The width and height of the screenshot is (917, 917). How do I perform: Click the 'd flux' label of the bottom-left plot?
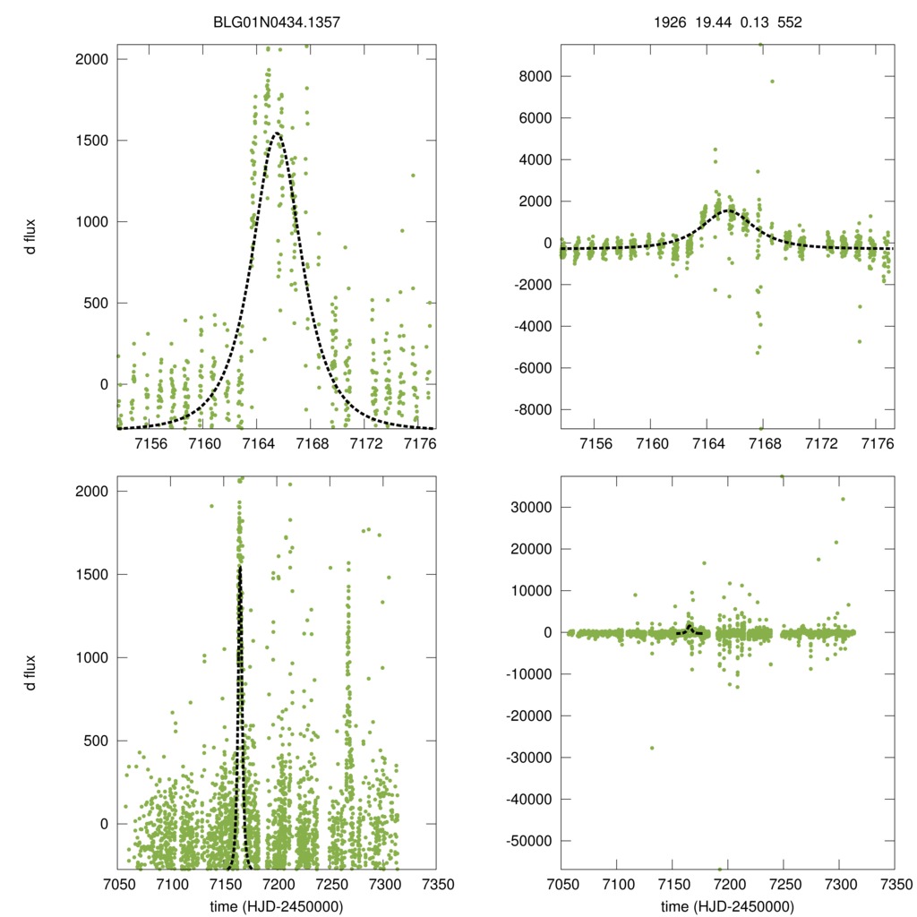tap(30, 672)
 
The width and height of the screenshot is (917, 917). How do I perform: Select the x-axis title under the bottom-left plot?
tap(276, 907)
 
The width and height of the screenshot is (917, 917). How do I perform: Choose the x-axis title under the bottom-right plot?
tap(728, 907)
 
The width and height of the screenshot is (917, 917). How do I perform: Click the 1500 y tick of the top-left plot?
tap(94, 141)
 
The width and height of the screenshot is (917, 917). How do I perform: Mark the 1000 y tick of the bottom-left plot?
tap(94, 657)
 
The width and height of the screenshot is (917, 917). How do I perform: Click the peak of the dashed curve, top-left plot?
tap(277, 133)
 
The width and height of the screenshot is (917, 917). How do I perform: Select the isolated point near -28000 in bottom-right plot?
tap(652, 748)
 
